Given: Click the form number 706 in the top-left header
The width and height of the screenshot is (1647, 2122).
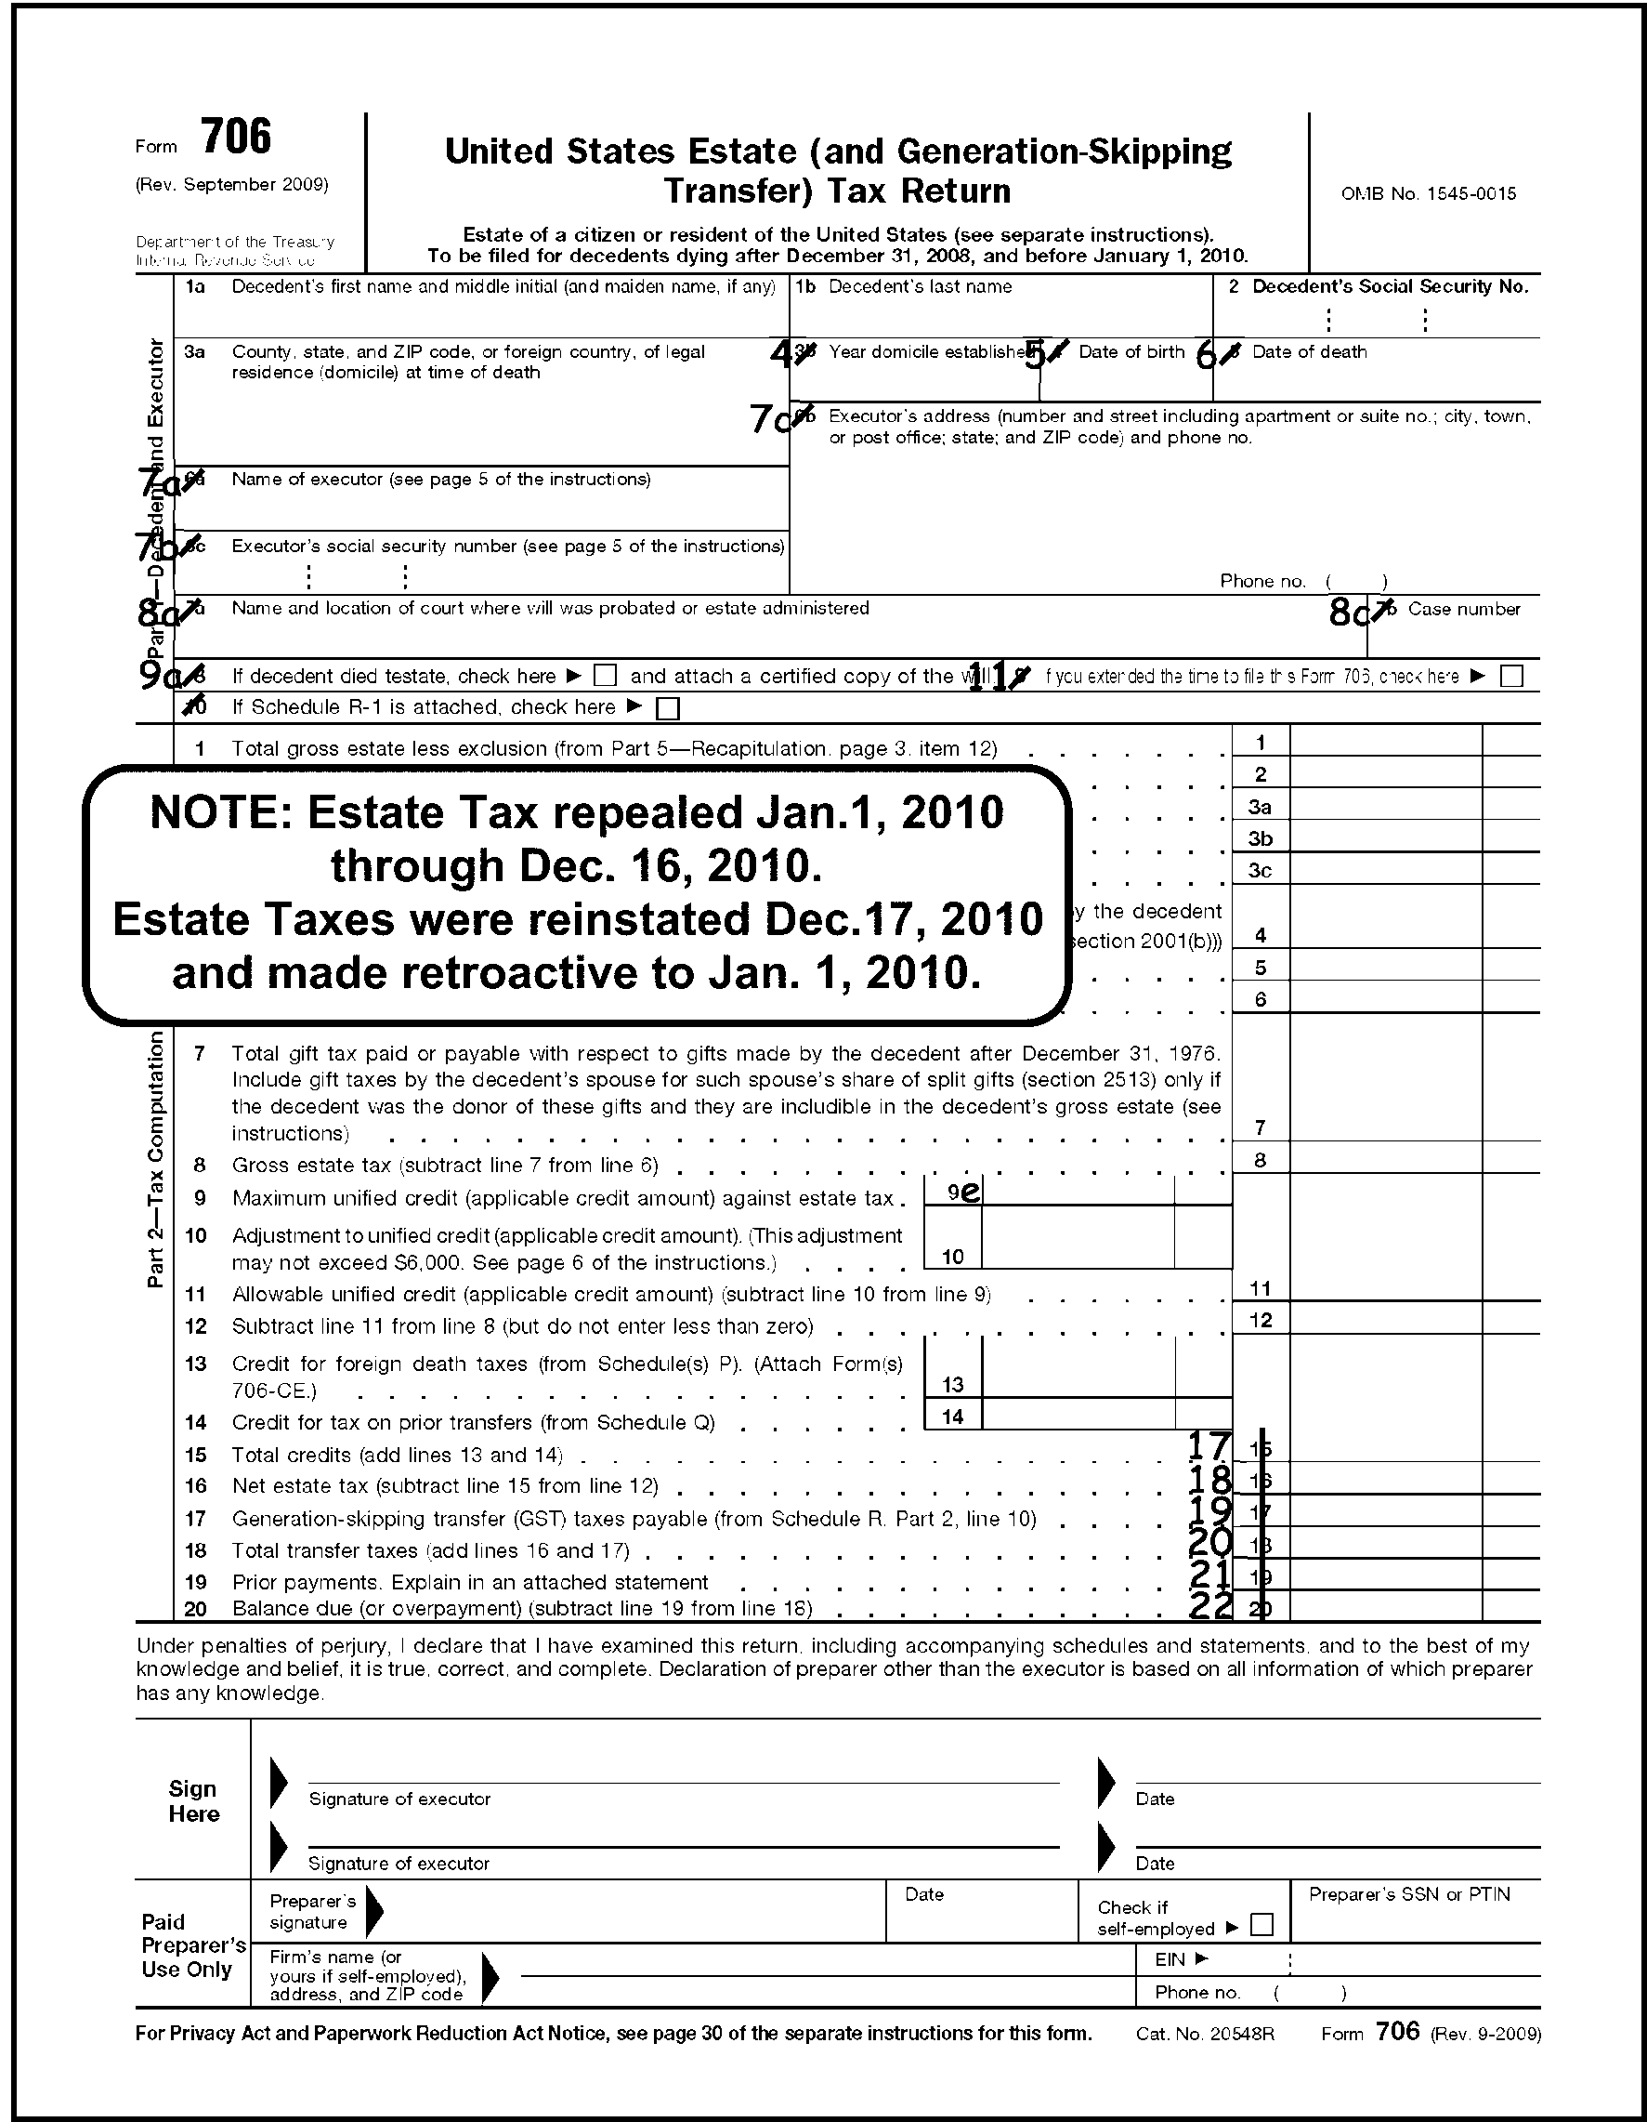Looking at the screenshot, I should coord(237,137).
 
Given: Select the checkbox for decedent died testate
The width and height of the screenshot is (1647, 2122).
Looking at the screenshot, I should coord(605,676).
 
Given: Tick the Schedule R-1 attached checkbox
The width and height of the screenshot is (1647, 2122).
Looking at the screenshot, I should coord(667,708).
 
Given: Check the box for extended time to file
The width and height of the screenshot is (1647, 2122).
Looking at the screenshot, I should coord(1511,677).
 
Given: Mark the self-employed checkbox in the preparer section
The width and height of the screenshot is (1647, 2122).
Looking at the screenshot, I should coord(1261,1924).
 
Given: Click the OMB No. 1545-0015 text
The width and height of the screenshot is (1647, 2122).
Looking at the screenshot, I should coord(1429,193).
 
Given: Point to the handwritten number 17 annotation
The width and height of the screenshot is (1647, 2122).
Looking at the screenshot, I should coord(1210,1446).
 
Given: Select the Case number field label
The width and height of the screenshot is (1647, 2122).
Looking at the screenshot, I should coord(1463,609).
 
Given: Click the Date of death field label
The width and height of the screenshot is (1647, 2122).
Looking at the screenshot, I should coord(1309,351).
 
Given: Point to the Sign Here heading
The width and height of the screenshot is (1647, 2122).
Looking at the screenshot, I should coord(193,1801).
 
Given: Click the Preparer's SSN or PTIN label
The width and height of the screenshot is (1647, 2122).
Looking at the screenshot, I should coord(1409,1893).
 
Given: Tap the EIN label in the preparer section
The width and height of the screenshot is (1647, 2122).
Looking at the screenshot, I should coord(1170,1959).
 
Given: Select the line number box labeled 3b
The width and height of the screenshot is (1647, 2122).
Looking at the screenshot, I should coord(1260,838).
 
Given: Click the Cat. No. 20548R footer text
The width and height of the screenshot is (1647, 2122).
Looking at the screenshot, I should coord(1204,2034).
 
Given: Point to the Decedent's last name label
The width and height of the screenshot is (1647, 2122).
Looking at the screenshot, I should coord(920,286).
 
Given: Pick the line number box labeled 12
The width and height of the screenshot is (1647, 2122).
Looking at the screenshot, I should coord(1260,1320).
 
